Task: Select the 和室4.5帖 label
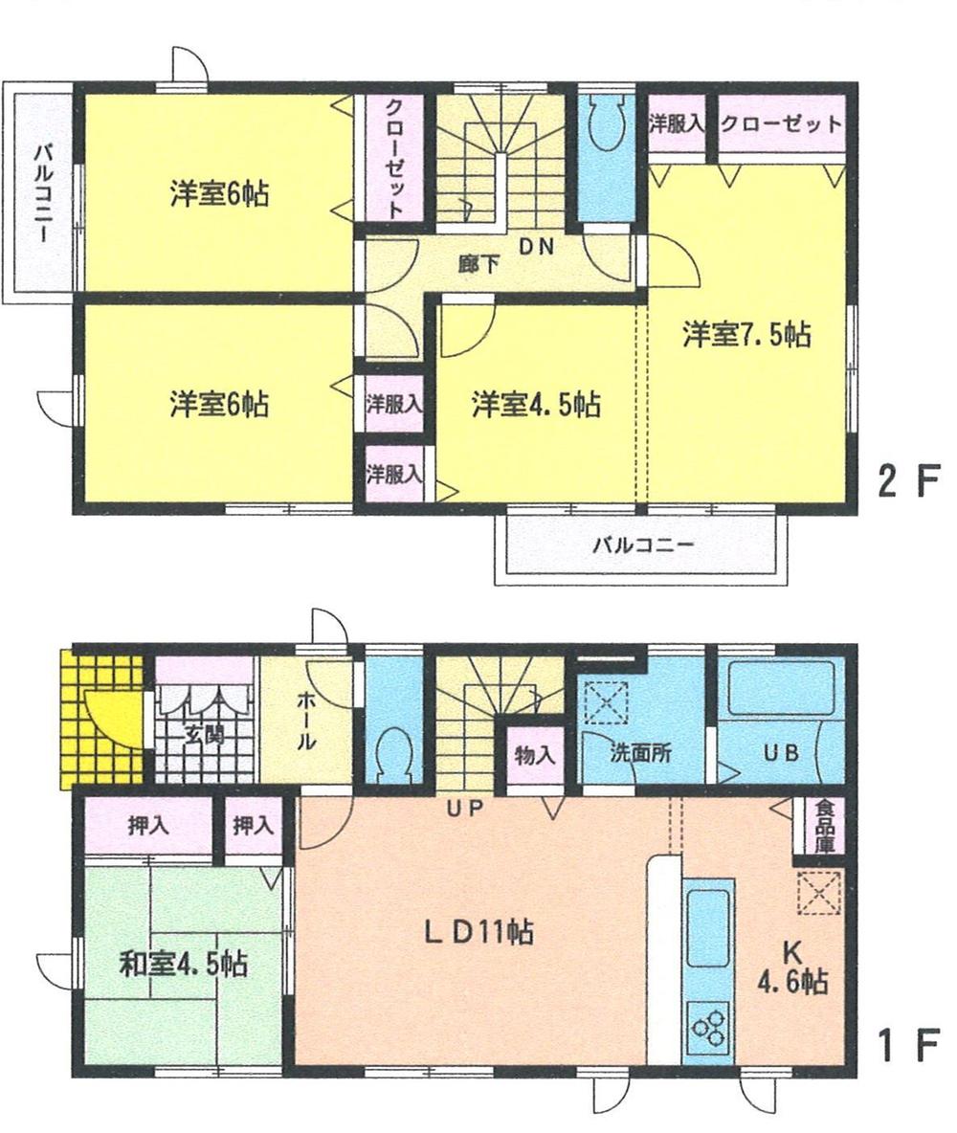(183, 964)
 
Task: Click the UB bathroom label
(779, 752)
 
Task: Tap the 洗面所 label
(641, 752)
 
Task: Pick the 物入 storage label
(535, 754)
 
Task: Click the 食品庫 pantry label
(824, 827)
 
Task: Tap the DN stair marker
(536, 247)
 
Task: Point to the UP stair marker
(466, 810)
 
